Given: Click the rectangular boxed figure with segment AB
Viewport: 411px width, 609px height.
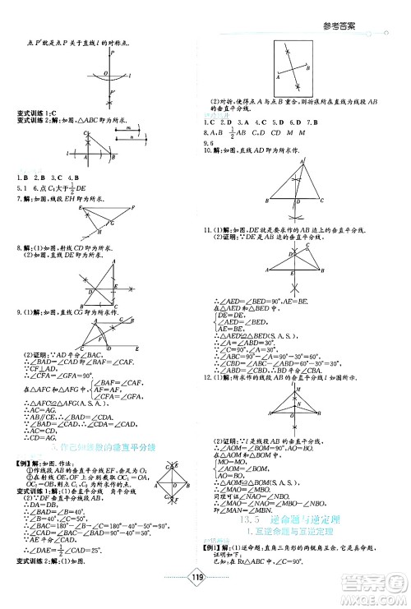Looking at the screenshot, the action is pyautogui.click(x=290, y=69).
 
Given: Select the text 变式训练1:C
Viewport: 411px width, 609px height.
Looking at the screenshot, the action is pyautogui.click(x=37, y=112).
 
